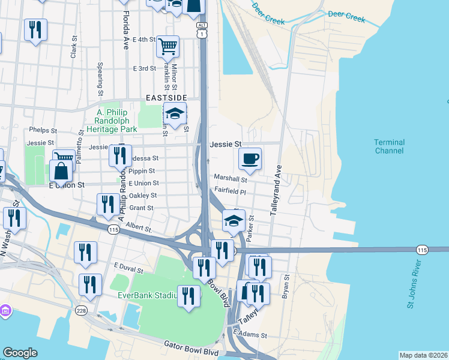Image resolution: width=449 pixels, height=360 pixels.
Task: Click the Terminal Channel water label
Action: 389,146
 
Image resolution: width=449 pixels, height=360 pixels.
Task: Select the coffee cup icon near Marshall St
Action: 250,159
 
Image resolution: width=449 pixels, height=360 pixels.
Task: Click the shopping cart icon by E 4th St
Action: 167,45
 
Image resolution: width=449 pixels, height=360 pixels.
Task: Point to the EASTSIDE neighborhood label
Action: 166,97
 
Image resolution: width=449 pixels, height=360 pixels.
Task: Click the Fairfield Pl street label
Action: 231,192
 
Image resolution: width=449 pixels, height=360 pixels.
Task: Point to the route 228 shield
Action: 82,310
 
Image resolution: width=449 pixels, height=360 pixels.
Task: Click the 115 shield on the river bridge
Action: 422,249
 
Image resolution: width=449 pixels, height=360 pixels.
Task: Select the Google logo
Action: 20,353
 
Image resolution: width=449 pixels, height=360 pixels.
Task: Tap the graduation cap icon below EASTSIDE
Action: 175,113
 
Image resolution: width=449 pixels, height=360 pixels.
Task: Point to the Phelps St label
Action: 43,130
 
